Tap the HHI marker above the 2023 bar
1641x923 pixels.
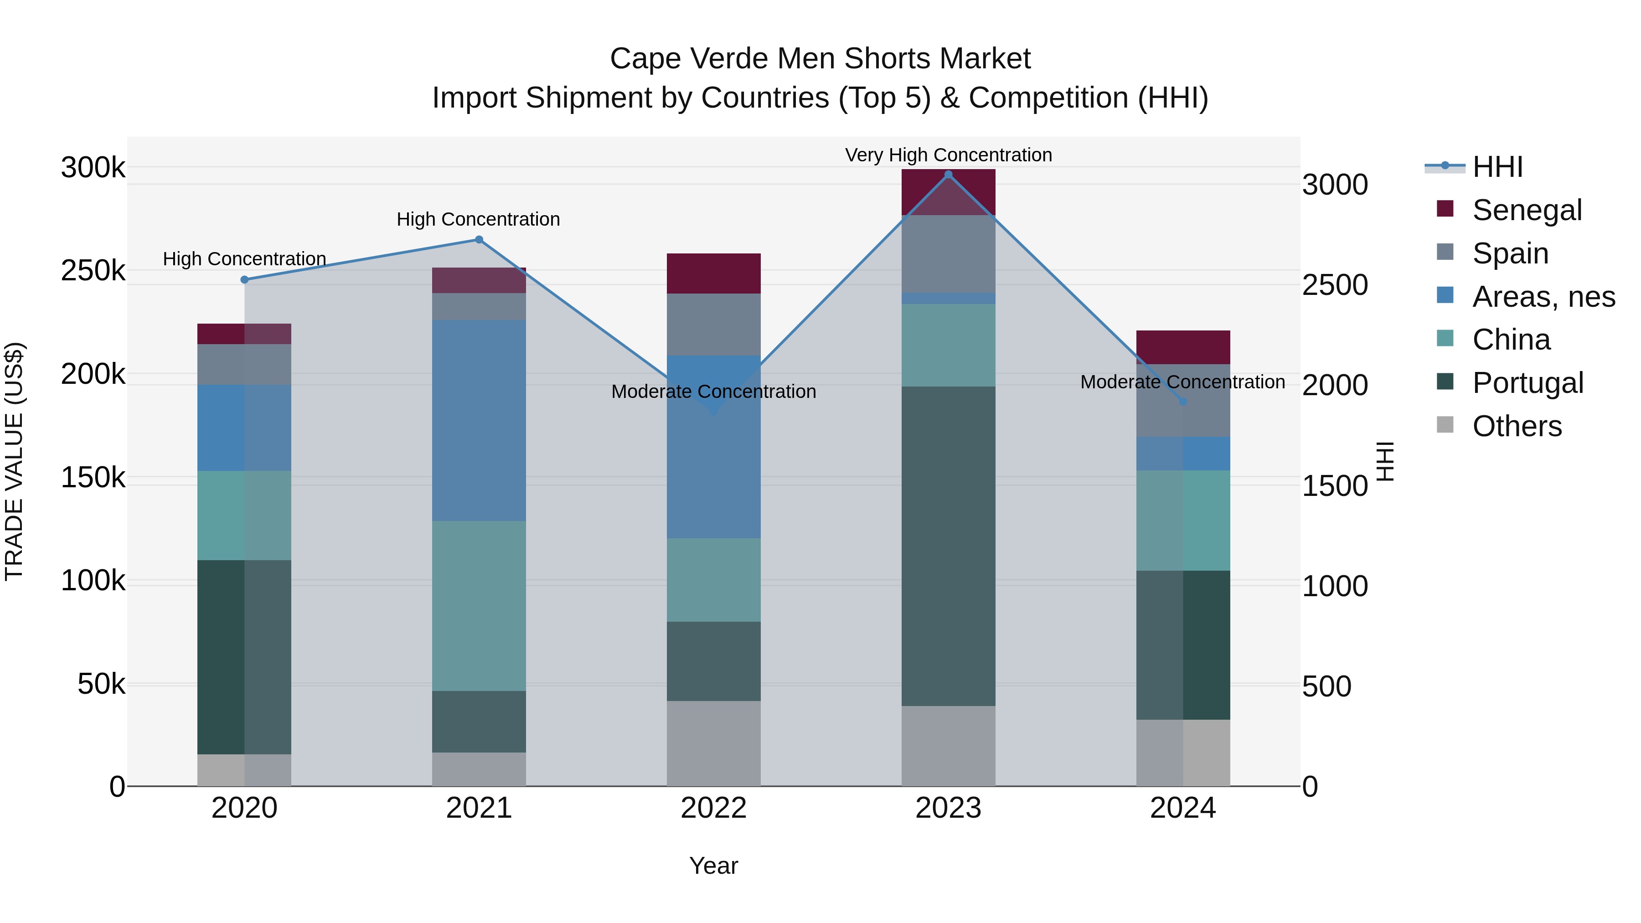coord(948,175)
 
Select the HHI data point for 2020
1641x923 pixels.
coord(245,280)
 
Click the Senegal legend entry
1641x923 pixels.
coord(1526,210)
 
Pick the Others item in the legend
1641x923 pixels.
coord(1516,426)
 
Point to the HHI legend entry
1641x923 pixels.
coord(1497,167)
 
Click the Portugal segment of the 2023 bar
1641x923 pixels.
coord(948,546)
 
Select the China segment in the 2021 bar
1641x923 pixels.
coord(479,606)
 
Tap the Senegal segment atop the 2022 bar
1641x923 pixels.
coord(713,274)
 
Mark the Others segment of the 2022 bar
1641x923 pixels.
coord(713,743)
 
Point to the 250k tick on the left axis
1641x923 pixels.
coord(93,271)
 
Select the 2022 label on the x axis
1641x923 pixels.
coord(713,808)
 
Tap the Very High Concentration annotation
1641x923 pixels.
coord(948,155)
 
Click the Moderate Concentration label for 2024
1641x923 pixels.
coord(1182,382)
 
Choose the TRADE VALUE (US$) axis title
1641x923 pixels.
coord(14,461)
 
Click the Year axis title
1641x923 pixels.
coord(713,866)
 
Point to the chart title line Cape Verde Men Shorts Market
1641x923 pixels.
coord(820,59)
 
